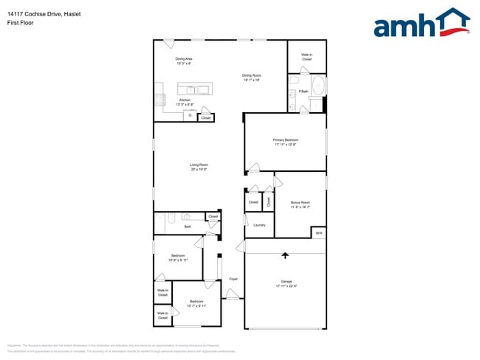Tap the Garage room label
285,281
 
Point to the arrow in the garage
285,256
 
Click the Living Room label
199,165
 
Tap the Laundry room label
259,225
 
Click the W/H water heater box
318,232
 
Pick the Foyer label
233,279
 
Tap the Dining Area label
184,58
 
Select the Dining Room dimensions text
252,80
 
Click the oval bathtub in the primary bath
318,86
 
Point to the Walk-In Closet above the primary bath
306,57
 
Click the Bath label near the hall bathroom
188,227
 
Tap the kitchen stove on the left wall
158,101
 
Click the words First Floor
21,23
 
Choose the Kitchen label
185,100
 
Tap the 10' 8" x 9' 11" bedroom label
179,257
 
